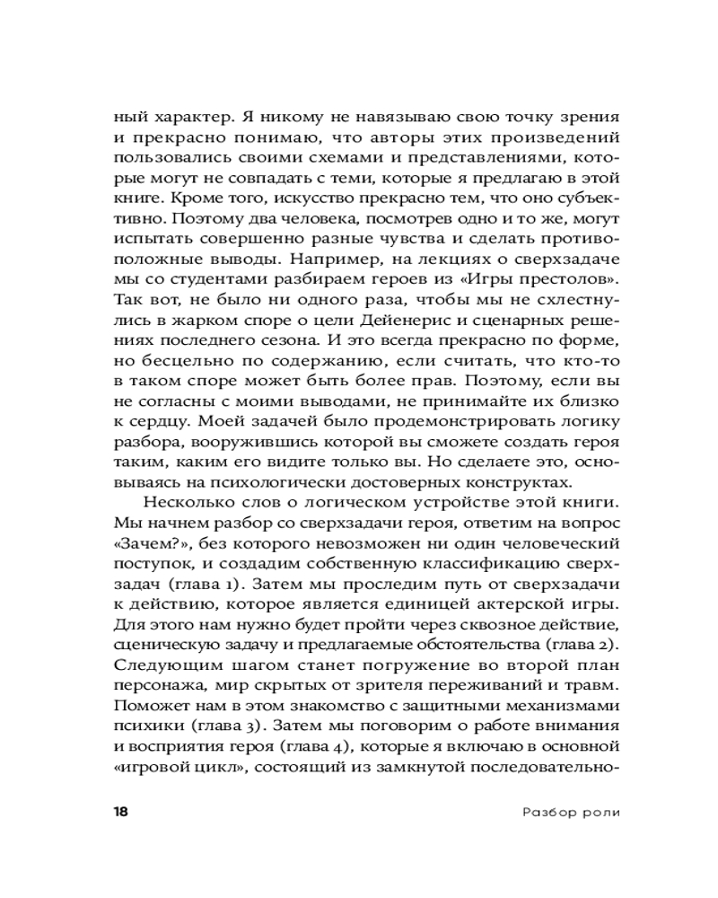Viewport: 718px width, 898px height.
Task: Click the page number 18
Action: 119,812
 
